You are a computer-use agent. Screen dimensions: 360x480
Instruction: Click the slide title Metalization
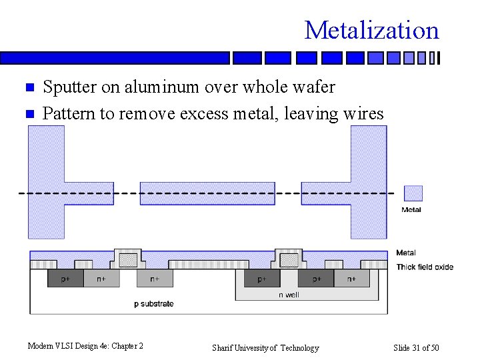pos(371,30)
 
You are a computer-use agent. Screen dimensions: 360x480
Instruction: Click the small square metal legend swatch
pos(413,193)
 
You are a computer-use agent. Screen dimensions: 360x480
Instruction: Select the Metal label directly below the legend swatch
pos(411,210)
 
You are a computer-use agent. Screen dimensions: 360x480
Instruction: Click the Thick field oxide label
pos(425,267)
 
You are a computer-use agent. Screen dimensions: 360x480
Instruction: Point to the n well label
pos(289,295)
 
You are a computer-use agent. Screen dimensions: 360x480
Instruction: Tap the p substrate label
pos(154,304)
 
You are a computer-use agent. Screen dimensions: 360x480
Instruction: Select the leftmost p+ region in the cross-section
pos(65,279)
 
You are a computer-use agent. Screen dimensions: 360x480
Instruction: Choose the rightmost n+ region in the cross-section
pos(351,279)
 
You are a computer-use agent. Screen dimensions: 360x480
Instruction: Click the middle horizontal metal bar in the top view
pos(207,193)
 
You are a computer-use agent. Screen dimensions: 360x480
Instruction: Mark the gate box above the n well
pos(289,259)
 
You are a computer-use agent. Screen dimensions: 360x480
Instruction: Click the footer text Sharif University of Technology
pos(265,348)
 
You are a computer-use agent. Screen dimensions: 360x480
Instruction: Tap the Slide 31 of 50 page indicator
pos(416,348)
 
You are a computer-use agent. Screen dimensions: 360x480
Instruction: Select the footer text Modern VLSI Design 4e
pos(85,346)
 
